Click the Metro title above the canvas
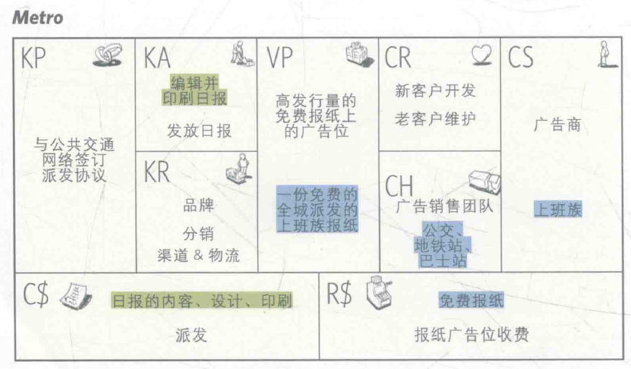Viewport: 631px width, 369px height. [37, 18]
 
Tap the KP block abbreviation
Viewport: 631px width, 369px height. [32, 58]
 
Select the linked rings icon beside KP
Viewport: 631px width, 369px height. [107, 57]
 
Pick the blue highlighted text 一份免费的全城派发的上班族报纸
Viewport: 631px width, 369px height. [317, 208]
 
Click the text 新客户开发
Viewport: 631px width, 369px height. [436, 91]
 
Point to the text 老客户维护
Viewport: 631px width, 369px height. [436, 119]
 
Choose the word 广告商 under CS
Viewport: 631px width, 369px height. [557, 126]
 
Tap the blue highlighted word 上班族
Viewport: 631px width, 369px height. [558, 210]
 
